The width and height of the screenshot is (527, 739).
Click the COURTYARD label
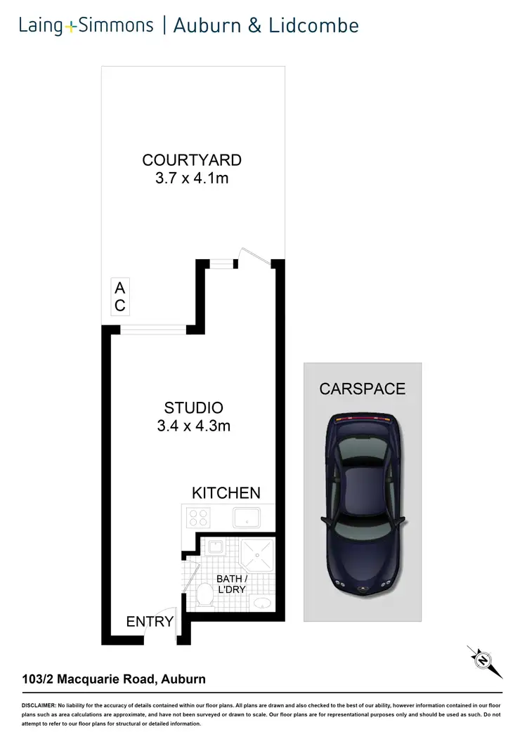pos(192,160)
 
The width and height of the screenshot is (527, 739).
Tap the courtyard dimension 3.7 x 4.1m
pos(192,178)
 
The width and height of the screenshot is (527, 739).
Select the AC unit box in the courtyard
pos(120,296)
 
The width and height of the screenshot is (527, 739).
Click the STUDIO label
pos(193,407)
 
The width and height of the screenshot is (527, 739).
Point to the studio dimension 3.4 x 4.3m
pos(193,426)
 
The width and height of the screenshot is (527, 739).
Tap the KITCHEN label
pos(226,493)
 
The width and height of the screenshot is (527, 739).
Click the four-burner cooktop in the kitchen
pos(200,518)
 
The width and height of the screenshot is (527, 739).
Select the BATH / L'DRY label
pos(230,584)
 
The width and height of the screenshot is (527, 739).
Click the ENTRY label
pos(150,621)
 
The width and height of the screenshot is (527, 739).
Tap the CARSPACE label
pos(362,388)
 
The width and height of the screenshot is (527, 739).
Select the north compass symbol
pos(483,660)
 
